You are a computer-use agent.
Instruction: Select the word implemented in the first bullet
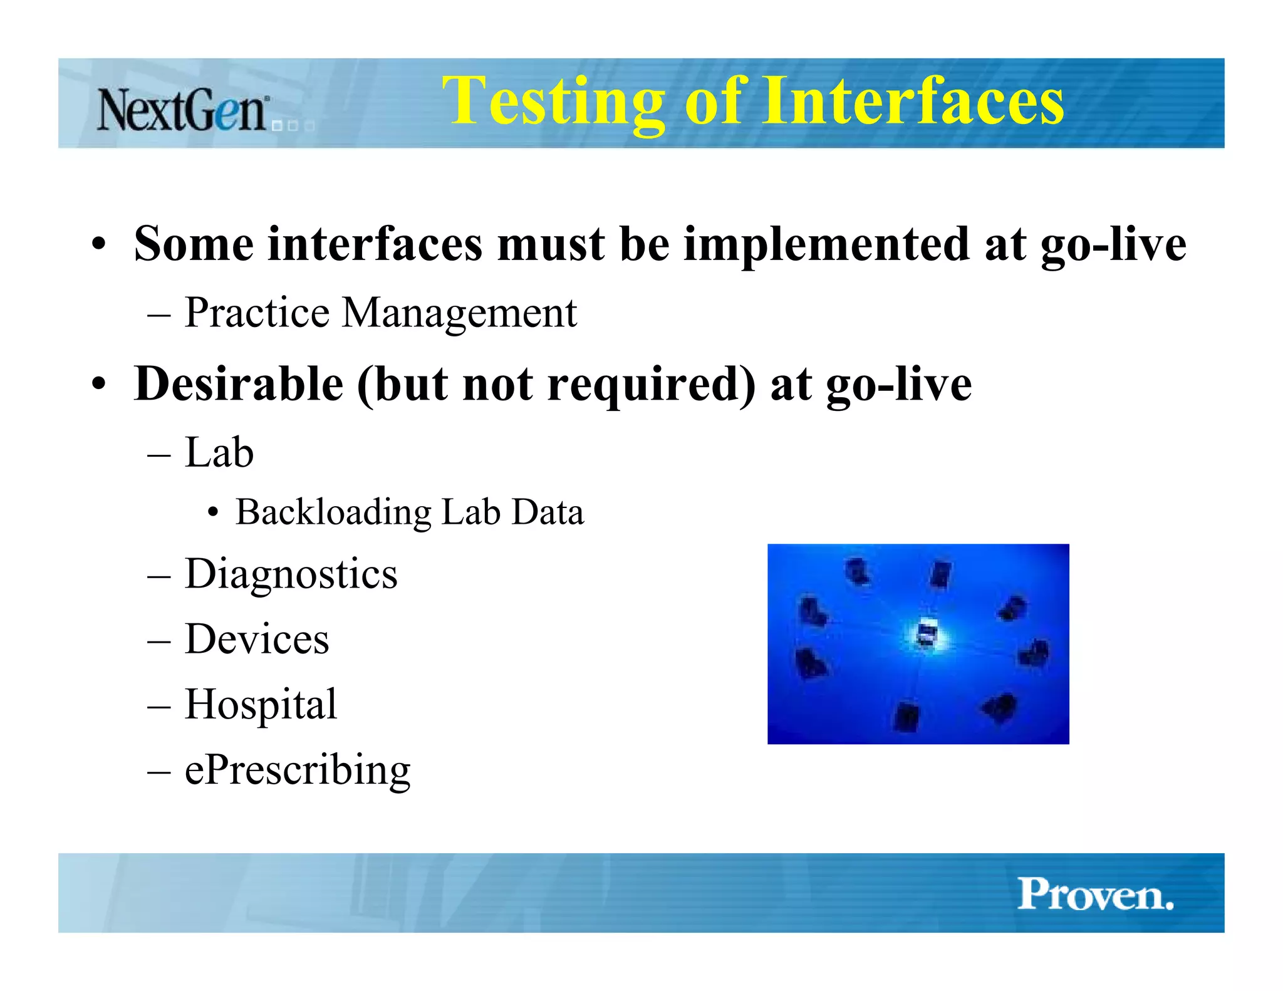(x=826, y=244)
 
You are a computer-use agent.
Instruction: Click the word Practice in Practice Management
(x=257, y=313)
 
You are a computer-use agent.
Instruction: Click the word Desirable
(x=239, y=384)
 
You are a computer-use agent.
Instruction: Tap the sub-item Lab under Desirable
(x=219, y=453)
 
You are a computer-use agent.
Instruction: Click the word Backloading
(x=333, y=513)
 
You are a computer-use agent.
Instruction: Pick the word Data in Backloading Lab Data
(x=548, y=512)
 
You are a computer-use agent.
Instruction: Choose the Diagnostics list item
(x=291, y=574)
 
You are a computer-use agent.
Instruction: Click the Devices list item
(x=257, y=640)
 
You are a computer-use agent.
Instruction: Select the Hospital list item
(x=261, y=705)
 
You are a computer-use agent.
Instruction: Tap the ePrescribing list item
(x=298, y=770)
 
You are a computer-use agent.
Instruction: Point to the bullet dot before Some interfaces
(x=98, y=244)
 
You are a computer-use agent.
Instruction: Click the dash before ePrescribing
(x=159, y=771)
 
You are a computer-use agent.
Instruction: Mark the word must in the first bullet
(x=551, y=244)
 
